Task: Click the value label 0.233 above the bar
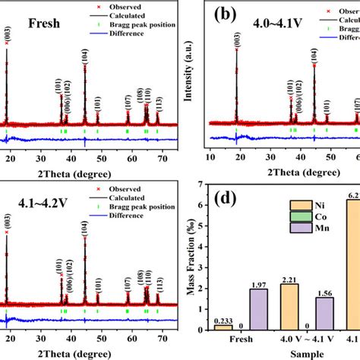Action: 223,321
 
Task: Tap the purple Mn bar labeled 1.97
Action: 258,309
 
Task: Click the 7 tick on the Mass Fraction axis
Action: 199,184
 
